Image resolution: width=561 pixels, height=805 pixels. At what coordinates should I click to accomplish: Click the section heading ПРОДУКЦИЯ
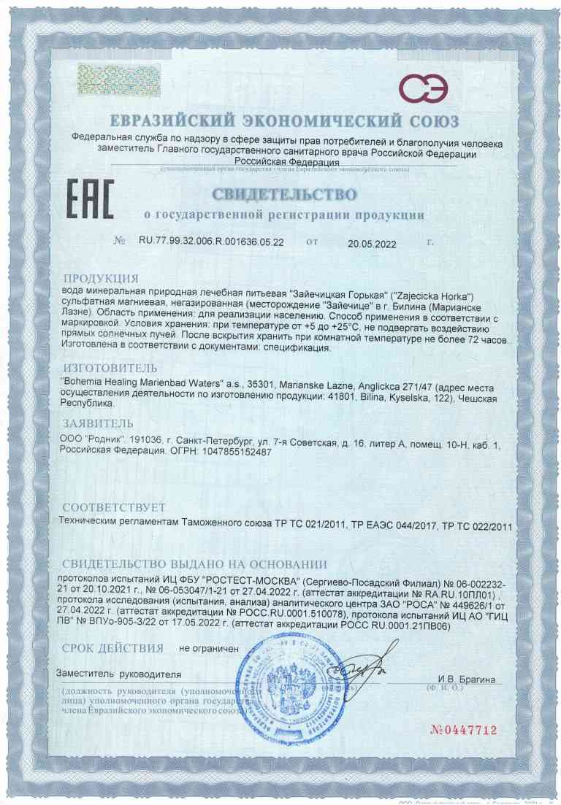101,279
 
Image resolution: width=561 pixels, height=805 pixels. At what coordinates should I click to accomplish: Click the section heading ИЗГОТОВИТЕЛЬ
110,367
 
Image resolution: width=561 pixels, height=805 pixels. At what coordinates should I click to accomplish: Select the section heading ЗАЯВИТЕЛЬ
98,423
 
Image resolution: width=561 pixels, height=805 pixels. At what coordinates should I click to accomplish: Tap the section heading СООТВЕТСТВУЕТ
114,507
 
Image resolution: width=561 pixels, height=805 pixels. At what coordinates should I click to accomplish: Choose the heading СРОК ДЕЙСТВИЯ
112,647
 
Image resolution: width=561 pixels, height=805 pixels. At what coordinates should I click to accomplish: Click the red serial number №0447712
465,730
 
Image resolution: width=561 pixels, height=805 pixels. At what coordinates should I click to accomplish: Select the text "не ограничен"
210,648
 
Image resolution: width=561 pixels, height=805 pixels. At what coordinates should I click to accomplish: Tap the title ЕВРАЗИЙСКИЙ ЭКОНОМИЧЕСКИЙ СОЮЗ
284,120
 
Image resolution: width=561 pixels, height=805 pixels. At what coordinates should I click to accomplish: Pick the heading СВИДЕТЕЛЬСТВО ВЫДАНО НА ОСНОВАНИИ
194,564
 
